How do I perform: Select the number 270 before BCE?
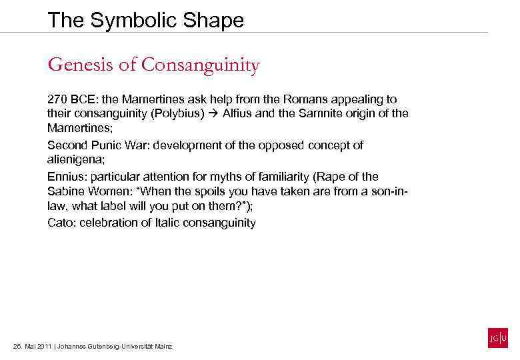click(x=56, y=99)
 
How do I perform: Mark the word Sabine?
click(x=65, y=192)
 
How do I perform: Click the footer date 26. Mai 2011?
click(x=32, y=347)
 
